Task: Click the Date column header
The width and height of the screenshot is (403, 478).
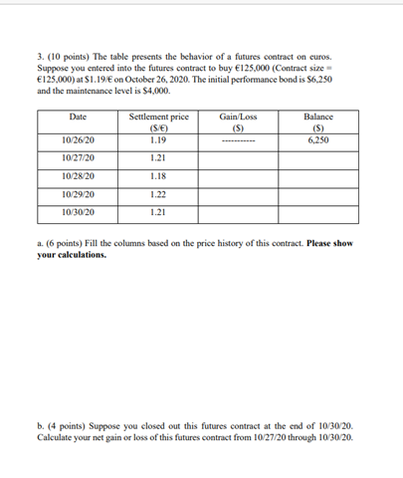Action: (78, 118)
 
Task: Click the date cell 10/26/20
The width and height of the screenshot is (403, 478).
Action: (78, 139)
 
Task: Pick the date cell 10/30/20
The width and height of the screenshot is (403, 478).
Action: (78, 212)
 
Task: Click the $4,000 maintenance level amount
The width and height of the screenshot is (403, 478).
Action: (140, 90)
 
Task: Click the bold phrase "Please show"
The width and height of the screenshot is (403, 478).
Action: (321, 244)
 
